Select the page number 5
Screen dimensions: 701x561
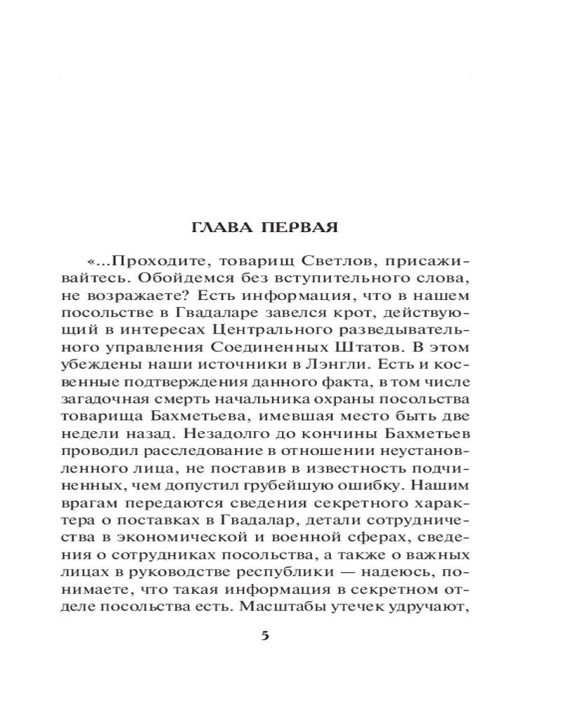265,636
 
